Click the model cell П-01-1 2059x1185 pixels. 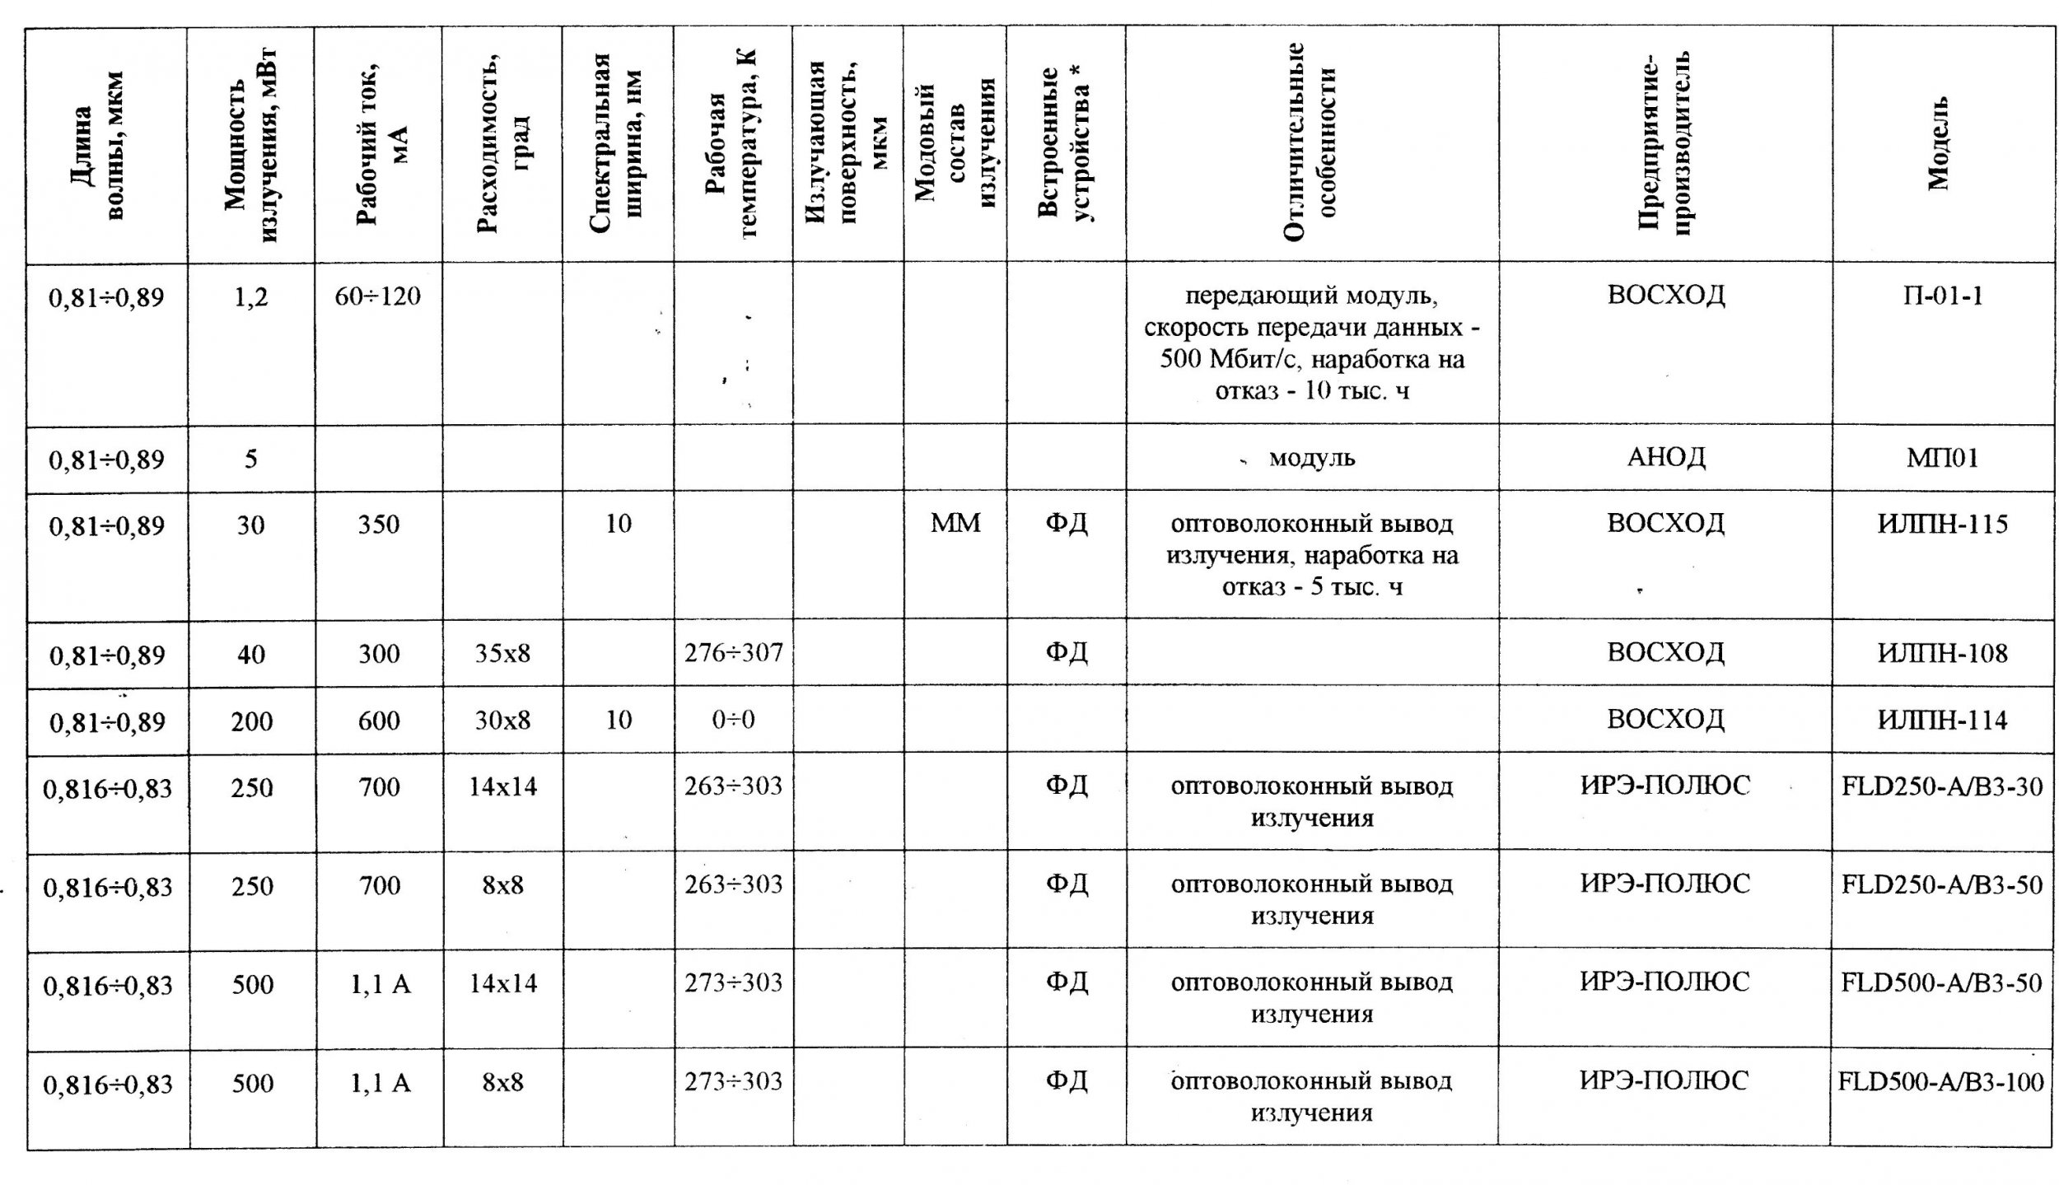point(1942,296)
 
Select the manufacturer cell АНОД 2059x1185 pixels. point(1665,458)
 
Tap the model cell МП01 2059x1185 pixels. point(1942,458)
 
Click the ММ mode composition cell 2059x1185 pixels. point(955,523)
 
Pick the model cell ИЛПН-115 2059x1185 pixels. point(1942,524)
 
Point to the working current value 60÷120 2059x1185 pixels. point(379,296)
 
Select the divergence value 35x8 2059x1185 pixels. point(502,654)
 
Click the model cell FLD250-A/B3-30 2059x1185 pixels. point(1942,787)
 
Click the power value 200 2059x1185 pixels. point(251,721)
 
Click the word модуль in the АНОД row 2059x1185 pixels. point(1312,458)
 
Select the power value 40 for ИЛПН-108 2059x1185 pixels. point(251,655)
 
